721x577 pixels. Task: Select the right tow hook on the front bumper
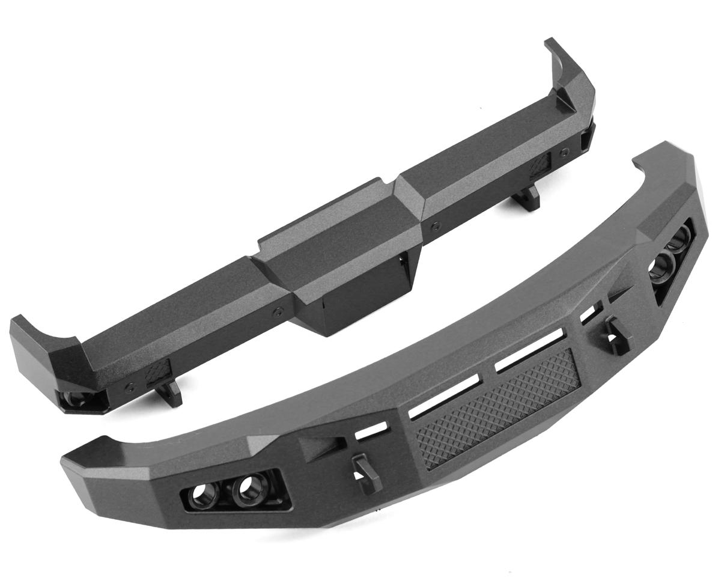615,330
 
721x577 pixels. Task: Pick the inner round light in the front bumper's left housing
247,490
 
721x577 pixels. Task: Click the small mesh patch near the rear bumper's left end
157,373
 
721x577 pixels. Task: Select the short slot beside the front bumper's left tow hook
371,431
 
